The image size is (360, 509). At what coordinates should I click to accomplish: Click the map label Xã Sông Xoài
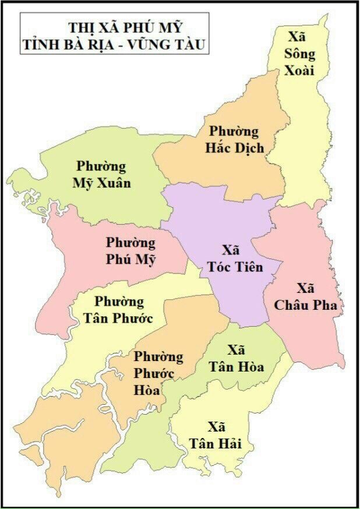tap(301, 54)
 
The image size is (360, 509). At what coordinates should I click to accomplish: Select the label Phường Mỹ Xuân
tap(101, 175)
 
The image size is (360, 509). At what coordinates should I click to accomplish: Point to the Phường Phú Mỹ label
tap(131, 251)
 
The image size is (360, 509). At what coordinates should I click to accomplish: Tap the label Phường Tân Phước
tap(123, 310)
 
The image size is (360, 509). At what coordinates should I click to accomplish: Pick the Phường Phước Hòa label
tap(159, 373)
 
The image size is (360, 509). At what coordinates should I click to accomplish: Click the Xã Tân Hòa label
tap(237, 359)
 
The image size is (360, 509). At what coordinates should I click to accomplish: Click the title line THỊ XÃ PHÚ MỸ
tap(125, 27)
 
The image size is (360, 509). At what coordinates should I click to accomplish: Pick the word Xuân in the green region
tap(112, 183)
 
